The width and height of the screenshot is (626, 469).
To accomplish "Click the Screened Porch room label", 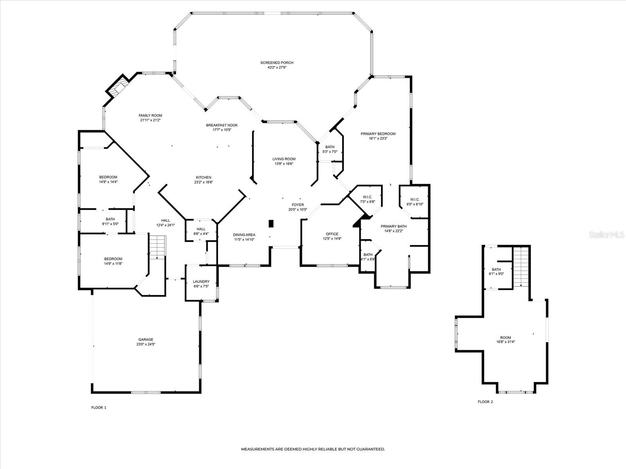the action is [x=277, y=63].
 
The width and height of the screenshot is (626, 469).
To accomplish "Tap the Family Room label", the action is [x=150, y=115].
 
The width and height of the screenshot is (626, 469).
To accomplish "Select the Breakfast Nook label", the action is [x=222, y=125].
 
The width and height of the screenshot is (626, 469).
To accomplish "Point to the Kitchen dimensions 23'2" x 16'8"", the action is [x=203, y=182].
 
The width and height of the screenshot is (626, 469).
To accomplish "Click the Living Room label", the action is [x=284, y=159].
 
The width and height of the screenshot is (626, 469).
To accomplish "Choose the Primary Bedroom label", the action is [x=378, y=134].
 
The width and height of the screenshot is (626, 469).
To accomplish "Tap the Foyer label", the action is [x=298, y=205].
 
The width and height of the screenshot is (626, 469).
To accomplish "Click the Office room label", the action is [x=332, y=234].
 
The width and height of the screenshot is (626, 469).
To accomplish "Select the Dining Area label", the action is [x=244, y=234].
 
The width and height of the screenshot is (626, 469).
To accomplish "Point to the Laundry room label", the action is [x=201, y=281].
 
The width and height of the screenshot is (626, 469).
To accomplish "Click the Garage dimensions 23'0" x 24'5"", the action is [x=146, y=344].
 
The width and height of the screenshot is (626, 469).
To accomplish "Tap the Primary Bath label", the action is [x=394, y=226].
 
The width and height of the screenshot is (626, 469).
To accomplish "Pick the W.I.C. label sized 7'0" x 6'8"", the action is [x=367, y=197].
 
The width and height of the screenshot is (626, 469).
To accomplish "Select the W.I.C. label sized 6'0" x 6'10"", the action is [x=415, y=199].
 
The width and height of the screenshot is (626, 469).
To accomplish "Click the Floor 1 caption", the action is [x=99, y=408].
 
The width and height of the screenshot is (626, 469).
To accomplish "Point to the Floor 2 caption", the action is [x=485, y=402].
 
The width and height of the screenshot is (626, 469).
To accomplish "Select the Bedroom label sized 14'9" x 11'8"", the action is [x=113, y=259].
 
